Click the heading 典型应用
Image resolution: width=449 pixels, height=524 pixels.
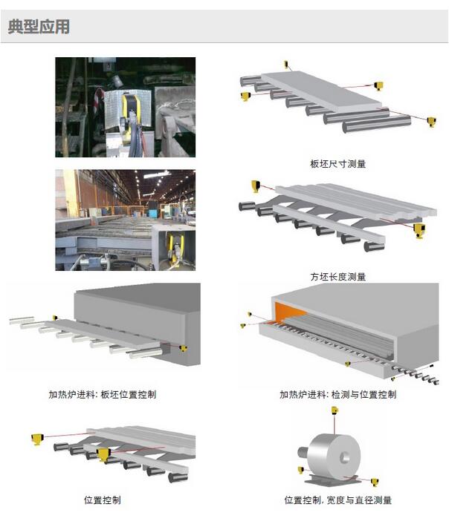click(x=39, y=27)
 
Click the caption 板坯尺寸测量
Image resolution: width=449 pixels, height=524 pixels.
click(x=337, y=164)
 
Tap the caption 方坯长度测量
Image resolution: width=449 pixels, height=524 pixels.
click(x=337, y=277)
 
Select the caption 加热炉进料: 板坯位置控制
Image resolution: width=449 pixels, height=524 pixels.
click(x=103, y=394)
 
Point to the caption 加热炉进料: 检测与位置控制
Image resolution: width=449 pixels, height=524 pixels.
click(x=337, y=394)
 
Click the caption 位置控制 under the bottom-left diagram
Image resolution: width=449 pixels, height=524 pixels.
click(x=103, y=500)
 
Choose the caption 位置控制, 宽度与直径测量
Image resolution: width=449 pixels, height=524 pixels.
click(x=337, y=500)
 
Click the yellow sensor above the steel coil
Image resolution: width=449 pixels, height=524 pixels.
click(x=335, y=410)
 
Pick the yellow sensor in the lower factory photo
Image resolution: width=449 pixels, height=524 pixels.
click(x=175, y=250)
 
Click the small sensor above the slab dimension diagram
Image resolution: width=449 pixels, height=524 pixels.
click(x=286, y=64)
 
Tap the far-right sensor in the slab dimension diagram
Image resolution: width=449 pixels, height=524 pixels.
click(x=431, y=121)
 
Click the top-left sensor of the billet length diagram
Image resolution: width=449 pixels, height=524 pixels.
click(x=256, y=186)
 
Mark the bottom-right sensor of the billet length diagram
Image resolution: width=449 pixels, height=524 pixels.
click(x=419, y=230)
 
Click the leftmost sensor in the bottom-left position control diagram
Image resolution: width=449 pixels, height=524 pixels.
click(x=37, y=439)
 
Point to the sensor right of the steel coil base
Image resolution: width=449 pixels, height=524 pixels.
click(x=375, y=482)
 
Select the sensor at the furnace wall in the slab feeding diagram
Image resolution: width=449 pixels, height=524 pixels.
click(x=183, y=349)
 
